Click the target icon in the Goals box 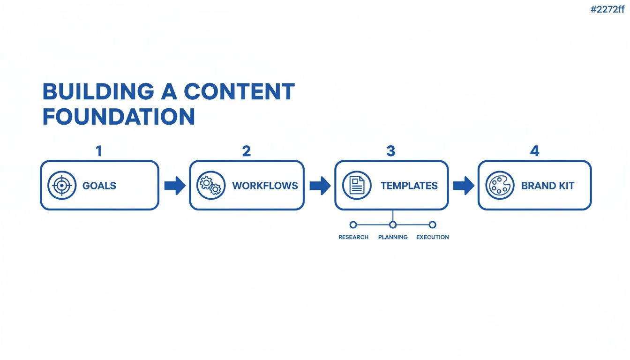click(x=62, y=185)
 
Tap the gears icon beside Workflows click(x=211, y=185)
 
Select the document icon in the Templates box click(x=357, y=185)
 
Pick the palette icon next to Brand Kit click(x=500, y=185)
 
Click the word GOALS click(x=99, y=186)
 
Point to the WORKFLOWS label click(x=265, y=186)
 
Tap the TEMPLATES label click(x=409, y=186)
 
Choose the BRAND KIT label click(x=547, y=186)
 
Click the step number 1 click(x=99, y=151)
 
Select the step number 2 click(x=247, y=151)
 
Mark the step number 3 click(x=390, y=151)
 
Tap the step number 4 click(x=535, y=151)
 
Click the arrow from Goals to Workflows click(x=175, y=186)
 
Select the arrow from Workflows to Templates click(x=320, y=186)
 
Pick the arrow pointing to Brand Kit click(x=464, y=186)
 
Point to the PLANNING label click(x=393, y=237)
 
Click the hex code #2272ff click(x=607, y=9)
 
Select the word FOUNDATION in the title click(x=119, y=116)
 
